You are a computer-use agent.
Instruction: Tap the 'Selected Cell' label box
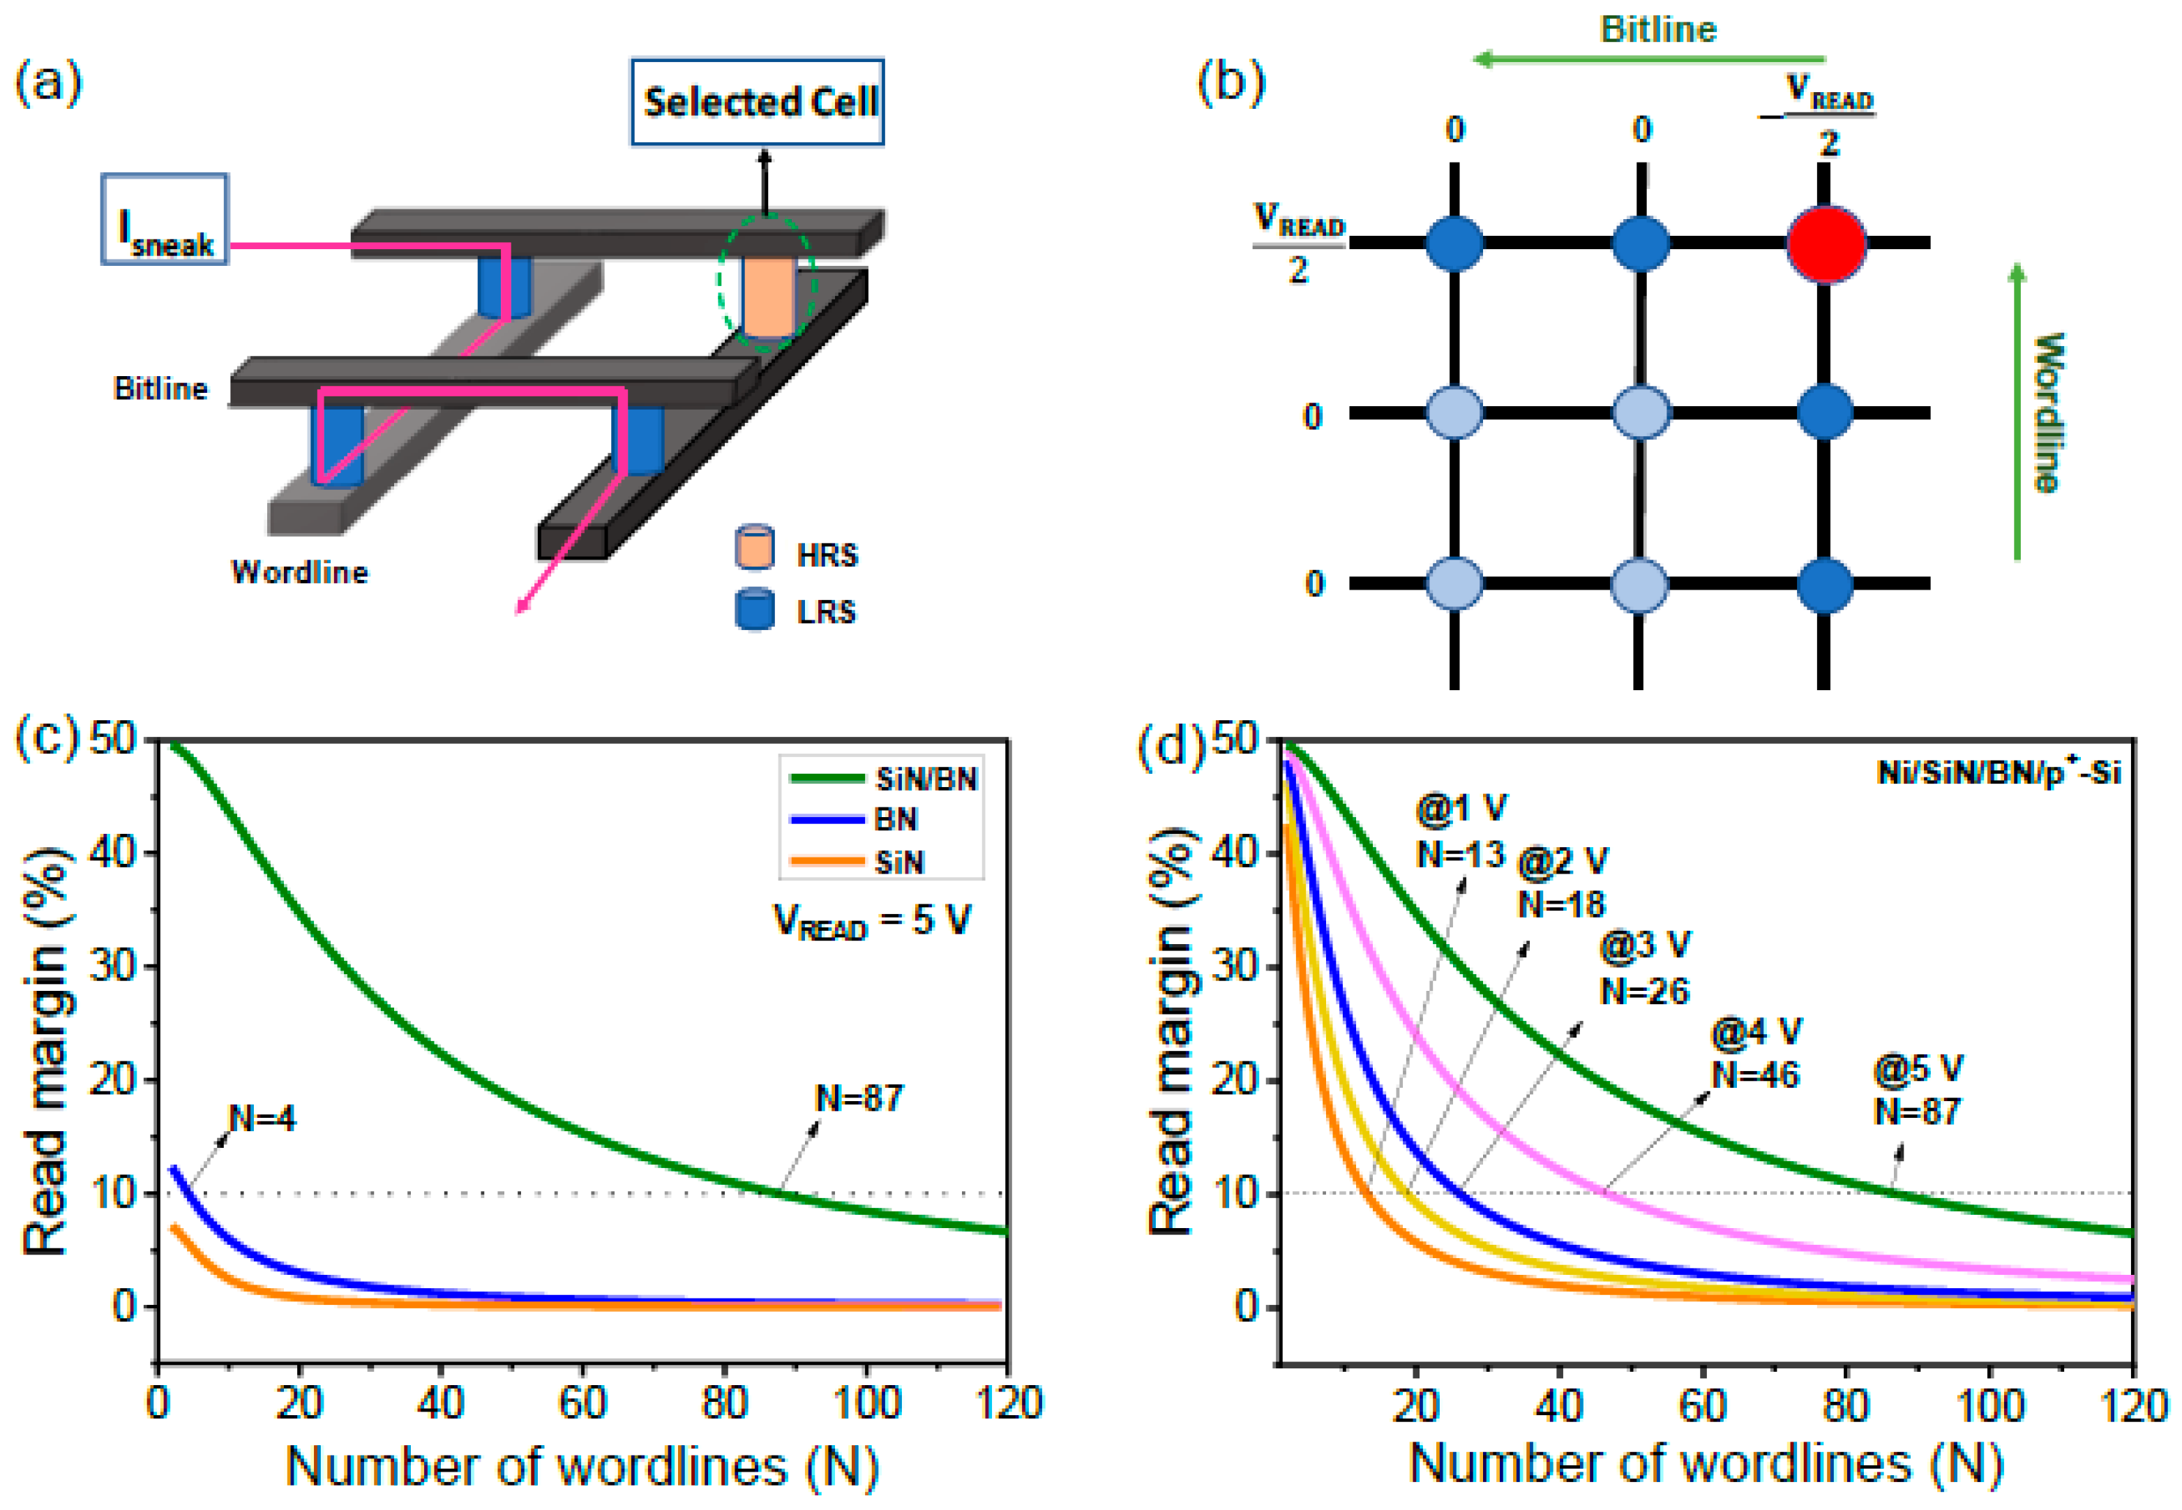758,102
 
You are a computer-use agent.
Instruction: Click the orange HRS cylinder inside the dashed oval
767,294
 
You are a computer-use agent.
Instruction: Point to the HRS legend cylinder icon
754,548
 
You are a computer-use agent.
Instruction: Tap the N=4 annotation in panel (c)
262,1119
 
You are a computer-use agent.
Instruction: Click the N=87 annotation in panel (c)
859,1098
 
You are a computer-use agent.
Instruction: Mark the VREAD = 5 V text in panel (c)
871,920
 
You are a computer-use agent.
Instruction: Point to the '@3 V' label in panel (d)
1645,945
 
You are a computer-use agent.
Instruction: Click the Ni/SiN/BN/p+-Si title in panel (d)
1999,773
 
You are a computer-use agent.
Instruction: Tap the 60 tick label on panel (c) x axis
582,1402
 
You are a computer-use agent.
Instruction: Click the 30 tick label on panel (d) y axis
1236,967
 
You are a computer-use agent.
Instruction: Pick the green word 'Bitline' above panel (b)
1657,29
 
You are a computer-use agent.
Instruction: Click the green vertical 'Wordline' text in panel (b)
2047,412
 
